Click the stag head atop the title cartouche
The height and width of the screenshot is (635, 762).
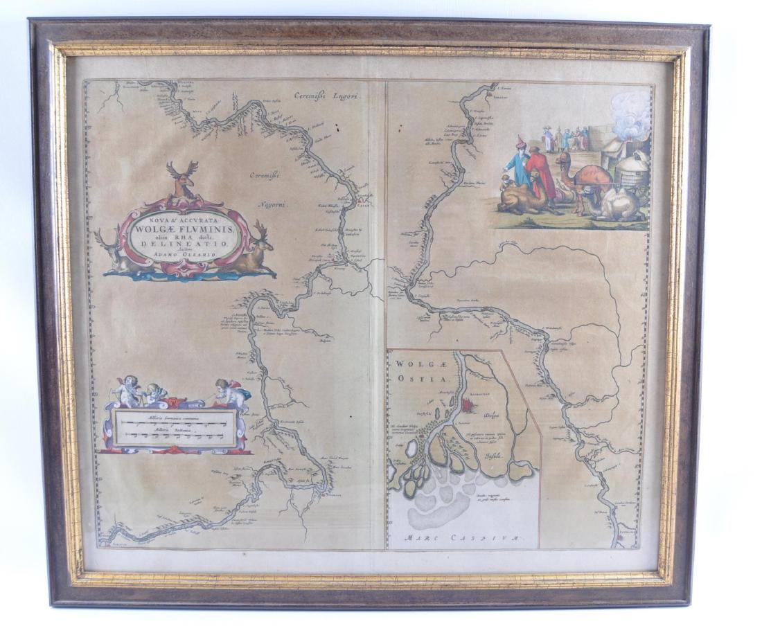[182, 178]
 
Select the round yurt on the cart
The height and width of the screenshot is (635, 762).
[631, 173]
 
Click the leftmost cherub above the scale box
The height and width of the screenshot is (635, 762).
[127, 391]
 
